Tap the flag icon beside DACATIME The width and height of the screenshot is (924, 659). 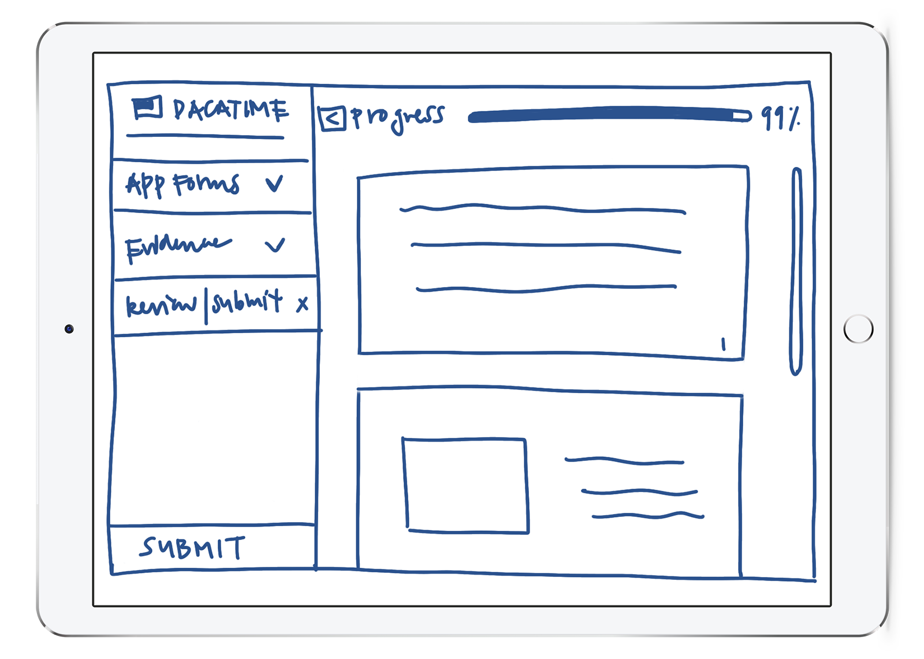click(x=147, y=108)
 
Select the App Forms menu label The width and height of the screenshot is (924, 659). click(x=182, y=185)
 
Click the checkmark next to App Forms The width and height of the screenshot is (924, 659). click(x=274, y=184)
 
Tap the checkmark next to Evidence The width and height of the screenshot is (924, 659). click(x=275, y=245)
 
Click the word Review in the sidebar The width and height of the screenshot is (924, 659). click(x=161, y=304)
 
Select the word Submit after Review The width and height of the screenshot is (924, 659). click(x=247, y=301)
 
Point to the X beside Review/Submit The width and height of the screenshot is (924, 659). click(x=302, y=304)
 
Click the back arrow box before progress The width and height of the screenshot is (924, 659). click(x=332, y=118)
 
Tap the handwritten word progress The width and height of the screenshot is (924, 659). click(x=398, y=117)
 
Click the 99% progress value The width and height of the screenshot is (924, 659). click(x=780, y=118)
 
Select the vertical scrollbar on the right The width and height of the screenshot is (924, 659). click(x=796, y=271)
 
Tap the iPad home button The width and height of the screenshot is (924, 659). click(x=858, y=329)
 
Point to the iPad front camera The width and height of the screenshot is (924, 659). click(x=69, y=329)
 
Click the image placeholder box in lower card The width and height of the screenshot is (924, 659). click(x=465, y=485)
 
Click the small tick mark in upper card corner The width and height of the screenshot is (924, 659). click(x=723, y=345)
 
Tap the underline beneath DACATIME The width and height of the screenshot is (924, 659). click(x=205, y=137)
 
